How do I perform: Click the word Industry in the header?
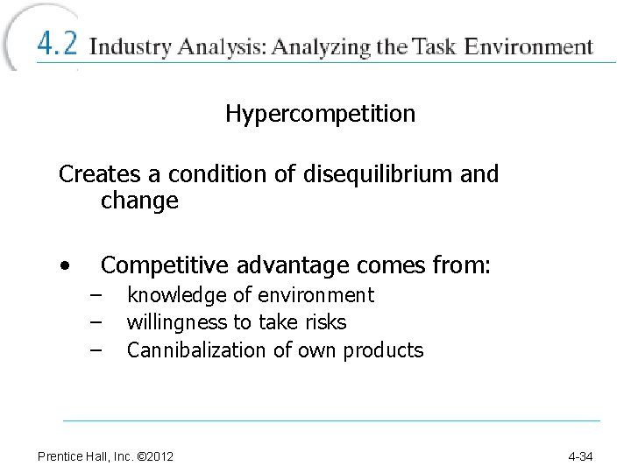131,46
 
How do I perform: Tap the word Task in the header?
435,46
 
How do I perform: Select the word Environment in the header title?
529,46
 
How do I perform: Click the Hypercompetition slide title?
320,114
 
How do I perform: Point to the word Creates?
95,173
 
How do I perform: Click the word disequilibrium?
378,173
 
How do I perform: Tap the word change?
139,201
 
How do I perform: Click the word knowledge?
168,296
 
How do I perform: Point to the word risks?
326,322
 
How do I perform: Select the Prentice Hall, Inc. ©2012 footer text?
105,456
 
